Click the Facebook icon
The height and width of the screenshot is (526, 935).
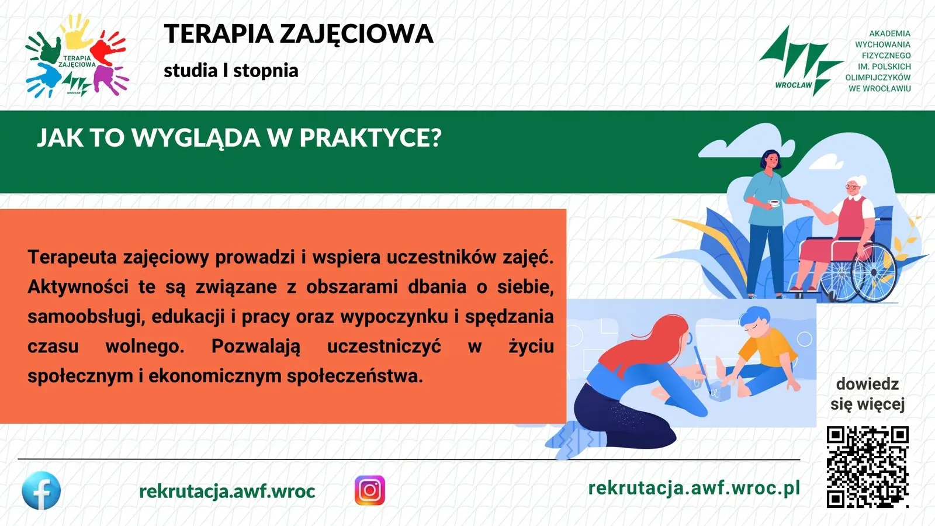point(41,490)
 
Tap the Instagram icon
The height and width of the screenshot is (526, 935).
point(370,490)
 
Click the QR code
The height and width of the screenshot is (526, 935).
point(868,467)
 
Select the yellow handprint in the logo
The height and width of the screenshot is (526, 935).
point(77,32)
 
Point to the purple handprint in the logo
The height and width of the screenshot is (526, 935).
point(109,79)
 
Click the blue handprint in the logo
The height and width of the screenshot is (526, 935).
point(43,80)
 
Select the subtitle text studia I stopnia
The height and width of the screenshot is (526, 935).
point(231,71)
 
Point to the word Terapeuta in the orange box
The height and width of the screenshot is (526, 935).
point(72,257)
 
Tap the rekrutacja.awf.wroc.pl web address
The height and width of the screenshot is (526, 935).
point(694,487)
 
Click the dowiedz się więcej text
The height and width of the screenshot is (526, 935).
point(867,394)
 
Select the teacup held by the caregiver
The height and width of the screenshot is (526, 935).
point(774,203)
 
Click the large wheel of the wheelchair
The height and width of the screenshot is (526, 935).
point(873,272)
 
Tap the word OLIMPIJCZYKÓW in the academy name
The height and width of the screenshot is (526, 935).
point(878,78)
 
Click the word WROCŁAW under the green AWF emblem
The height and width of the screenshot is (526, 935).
point(793,85)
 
